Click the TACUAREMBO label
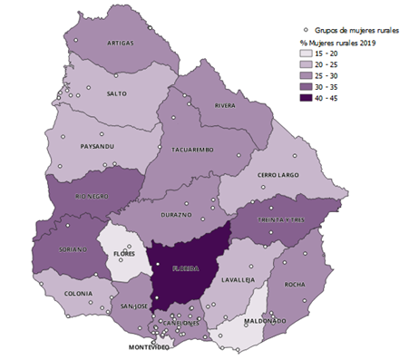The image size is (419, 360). click(x=190, y=149)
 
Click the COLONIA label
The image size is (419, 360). click(x=81, y=294)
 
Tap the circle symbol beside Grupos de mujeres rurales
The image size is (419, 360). click(x=307, y=29)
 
